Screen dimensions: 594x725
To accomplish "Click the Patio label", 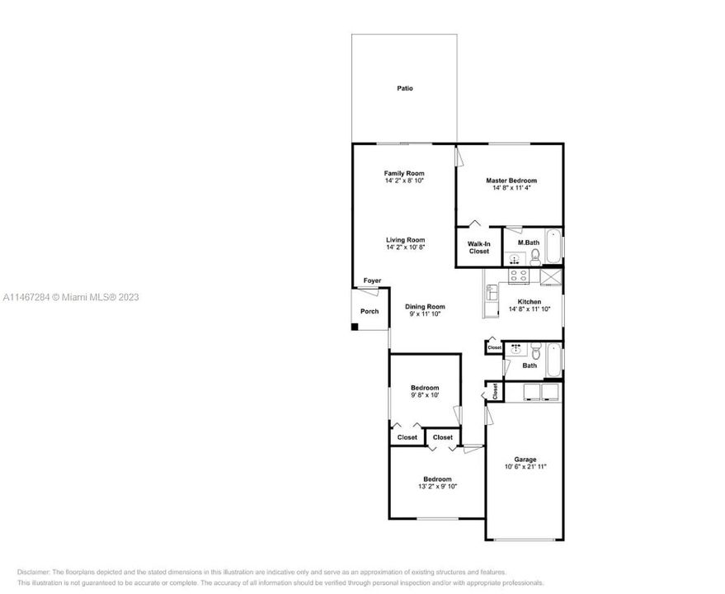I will click(x=404, y=88).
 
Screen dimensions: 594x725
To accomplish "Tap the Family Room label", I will click(x=404, y=173).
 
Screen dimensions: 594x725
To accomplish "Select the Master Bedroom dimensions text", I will click(x=511, y=188).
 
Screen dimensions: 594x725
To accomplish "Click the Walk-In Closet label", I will click(x=479, y=247).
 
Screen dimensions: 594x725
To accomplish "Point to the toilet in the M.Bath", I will click(x=535, y=257).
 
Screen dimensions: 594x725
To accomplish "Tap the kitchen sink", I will click(x=492, y=293).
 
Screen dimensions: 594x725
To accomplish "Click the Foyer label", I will click(x=372, y=281).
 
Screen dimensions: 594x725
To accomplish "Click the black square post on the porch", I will click(x=355, y=327).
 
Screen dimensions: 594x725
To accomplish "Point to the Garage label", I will click(x=525, y=460).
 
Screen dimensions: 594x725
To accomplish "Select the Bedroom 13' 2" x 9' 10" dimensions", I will click(x=437, y=487).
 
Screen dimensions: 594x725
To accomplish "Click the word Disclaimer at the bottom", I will click(x=34, y=572).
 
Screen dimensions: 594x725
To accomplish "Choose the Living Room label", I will click(x=405, y=240).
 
